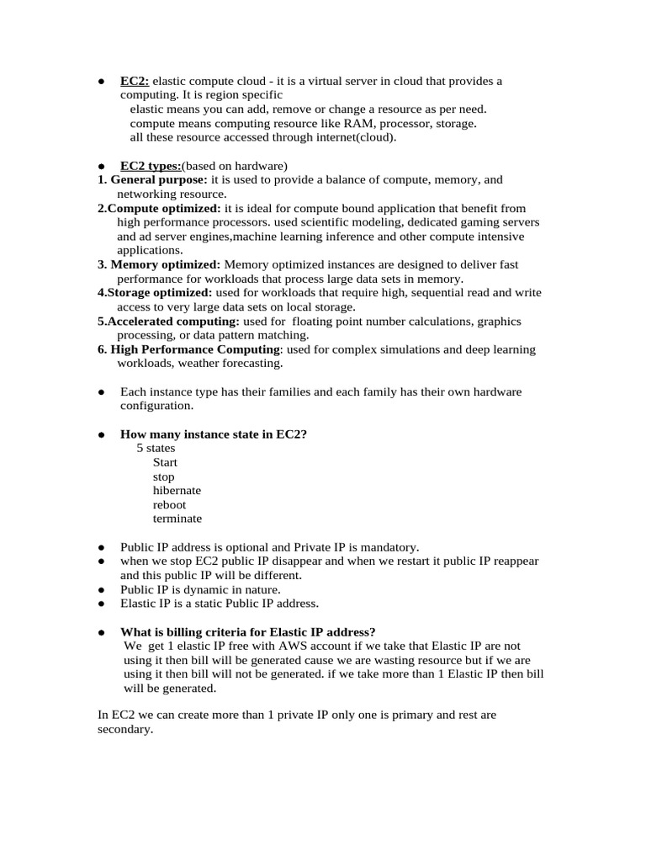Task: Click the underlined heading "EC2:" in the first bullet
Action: click(135, 82)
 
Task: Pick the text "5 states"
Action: click(156, 449)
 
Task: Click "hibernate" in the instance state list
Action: click(177, 491)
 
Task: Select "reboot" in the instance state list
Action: click(169, 505)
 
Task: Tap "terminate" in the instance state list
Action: click(177, 519)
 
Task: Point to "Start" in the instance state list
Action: click(165, 463)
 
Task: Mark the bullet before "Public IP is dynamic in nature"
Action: click(101, 590)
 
